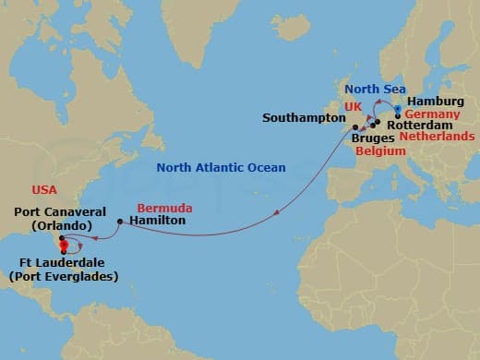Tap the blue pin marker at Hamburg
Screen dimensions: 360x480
pyautogui.click(x=396, y=108)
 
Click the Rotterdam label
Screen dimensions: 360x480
pyautogui.click(x=417, y=124)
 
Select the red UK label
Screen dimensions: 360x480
pyautogui.click(x=352, y=107)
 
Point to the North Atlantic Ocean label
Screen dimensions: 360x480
pyautogui.click(x=221, y=167)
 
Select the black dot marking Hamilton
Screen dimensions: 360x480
pyautogui.click(x=121, y=222)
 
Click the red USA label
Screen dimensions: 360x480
pyautogui.click(x=44, y=189)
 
